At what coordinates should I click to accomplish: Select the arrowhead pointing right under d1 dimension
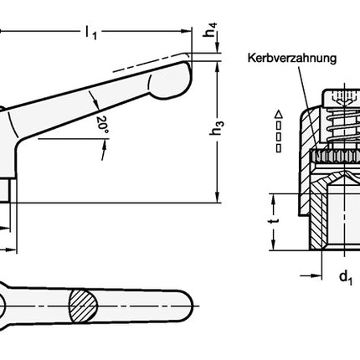[319, 272]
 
